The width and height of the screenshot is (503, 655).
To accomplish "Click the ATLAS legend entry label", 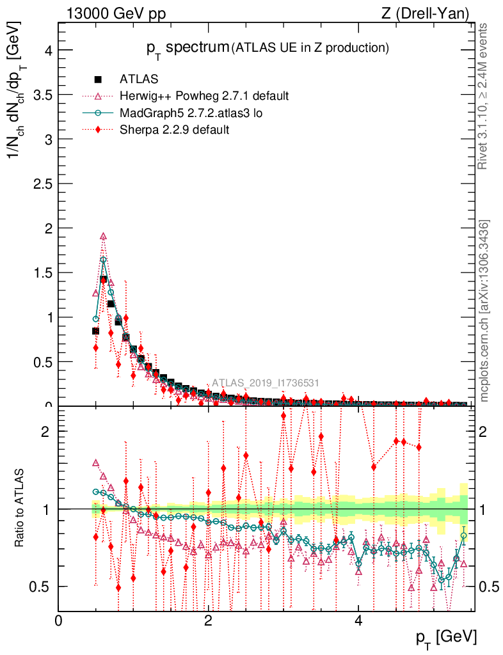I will click(139, 79).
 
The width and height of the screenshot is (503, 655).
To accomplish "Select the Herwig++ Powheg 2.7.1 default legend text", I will click(204, 96).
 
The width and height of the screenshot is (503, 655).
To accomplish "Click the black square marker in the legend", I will click(98, 79).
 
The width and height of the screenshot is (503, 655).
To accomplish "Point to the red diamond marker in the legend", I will click(98, 129).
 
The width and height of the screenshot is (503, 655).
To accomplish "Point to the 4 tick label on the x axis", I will click(358, 620).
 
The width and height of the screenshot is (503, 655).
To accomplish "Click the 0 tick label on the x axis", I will click(59, 620).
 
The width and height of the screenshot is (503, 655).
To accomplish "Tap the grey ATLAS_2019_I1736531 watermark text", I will click(266, 383).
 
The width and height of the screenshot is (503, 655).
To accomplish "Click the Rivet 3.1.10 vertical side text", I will click(483, 96).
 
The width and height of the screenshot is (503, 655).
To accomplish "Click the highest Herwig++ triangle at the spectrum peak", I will click(103, 236).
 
